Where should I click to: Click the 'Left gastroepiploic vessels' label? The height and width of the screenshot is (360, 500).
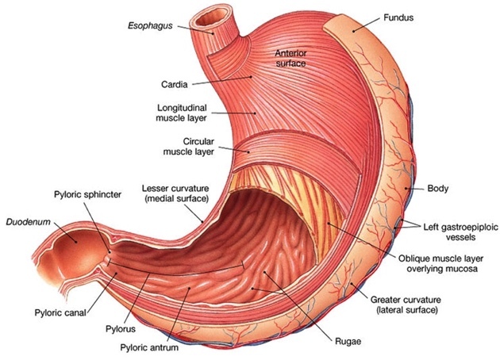455,229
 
